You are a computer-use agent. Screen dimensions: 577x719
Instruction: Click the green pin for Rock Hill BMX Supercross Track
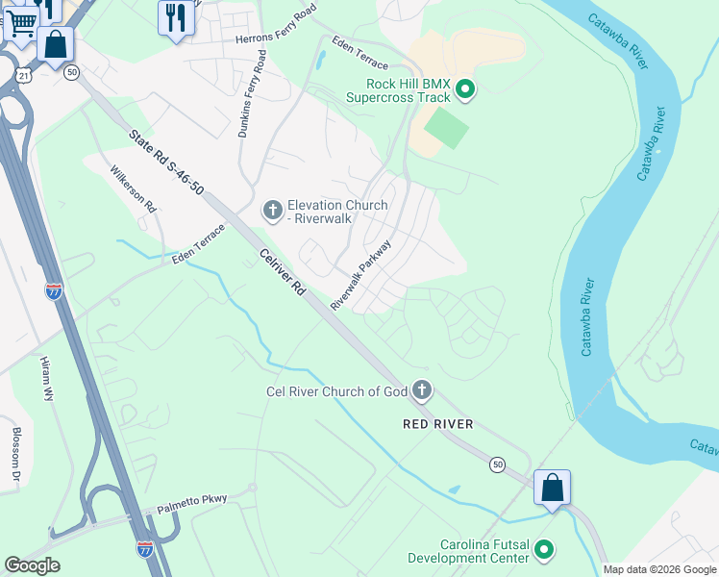(x=465, y=90)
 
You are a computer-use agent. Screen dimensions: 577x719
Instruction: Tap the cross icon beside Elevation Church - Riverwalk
(x=272, y=209)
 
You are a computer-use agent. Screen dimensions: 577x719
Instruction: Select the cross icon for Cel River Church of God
(x=421, y=390)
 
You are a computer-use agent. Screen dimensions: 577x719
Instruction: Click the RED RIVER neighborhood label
(x=437, y=423)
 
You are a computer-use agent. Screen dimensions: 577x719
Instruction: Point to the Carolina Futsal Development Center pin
(x=544, y=550)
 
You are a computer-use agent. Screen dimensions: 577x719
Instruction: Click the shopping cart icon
(x=21, y=21)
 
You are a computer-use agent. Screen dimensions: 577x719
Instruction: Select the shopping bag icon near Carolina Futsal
(x=553, y=488)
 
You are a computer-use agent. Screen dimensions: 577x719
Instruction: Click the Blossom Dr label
(x=15, y=454)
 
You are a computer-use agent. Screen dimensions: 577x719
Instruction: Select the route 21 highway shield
(x=23, y=74)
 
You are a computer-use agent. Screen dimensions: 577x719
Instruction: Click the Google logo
(x=31, y=564)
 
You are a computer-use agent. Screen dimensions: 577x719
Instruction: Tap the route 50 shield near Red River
(x=497, y=464)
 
